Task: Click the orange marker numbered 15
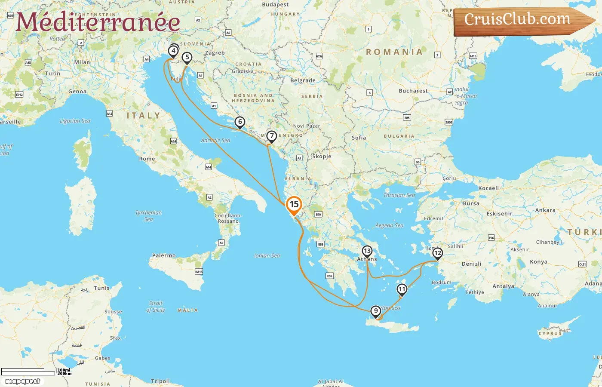294,205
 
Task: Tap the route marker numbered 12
437,253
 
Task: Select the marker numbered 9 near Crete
376,311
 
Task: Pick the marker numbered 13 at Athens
367,251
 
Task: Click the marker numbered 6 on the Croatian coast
240,122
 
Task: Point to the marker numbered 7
271,136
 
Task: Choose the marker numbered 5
187,57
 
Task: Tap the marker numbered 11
402,289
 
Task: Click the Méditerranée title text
98,22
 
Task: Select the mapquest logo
22,381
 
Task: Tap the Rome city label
147,159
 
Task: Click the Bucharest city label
413,91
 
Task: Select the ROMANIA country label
394,52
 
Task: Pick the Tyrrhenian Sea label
148,215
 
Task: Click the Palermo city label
164,255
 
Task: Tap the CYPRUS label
550,333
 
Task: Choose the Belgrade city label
303,80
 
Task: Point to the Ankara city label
545,210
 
